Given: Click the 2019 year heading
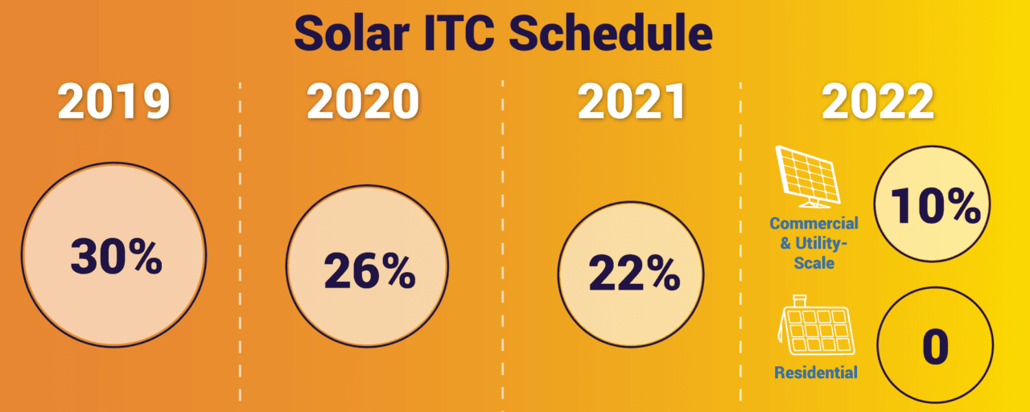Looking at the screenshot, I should click(114, 102).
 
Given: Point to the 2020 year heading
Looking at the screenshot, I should click(363, 102).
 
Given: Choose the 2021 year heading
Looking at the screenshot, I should click(632, 102).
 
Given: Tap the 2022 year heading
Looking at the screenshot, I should click(878, 102).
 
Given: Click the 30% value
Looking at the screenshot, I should click(116, 255).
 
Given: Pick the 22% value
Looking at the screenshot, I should click(634, 274).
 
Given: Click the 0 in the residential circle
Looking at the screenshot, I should click(935, 347).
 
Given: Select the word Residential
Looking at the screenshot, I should click(815, 373).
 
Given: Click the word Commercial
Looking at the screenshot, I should click(814, 223).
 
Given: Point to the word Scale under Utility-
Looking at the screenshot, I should click(814, 263).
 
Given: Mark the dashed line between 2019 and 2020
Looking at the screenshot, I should click(241, 241).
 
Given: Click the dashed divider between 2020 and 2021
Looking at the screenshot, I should click(503, 241).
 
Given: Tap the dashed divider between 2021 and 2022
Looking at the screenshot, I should click(741, 241).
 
